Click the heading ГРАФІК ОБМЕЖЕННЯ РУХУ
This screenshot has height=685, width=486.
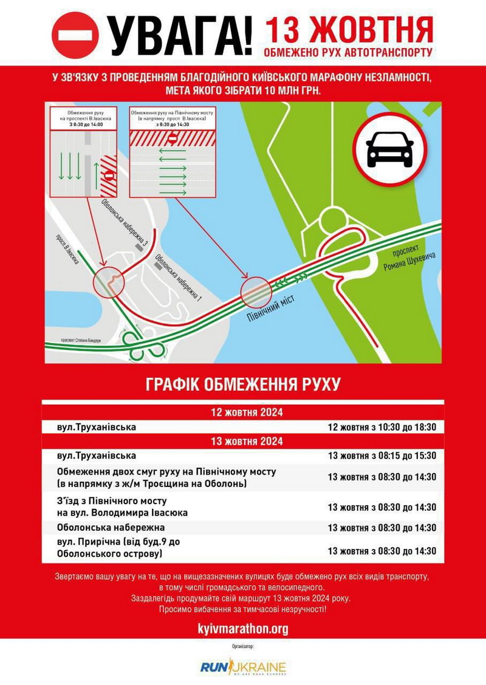pyautogui.click(x=243, y=384)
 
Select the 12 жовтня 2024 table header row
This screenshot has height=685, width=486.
pyautogui.click(x=243, y=413)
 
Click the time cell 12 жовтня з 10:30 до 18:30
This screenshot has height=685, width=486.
pyautogui.click(x=382, y=427)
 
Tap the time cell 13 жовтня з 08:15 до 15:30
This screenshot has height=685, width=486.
pyautogui.click(x=382, y=455)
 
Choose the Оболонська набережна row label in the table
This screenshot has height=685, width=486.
pyautogui.click(x=111, y=527)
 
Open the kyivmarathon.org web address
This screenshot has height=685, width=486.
pyautogui.click(x=243, y=629)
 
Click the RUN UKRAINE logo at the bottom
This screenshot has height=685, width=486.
pyautogui.click(x=243, y=667)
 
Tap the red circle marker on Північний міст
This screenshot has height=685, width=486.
pyautogui.click(x=256, y=292)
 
